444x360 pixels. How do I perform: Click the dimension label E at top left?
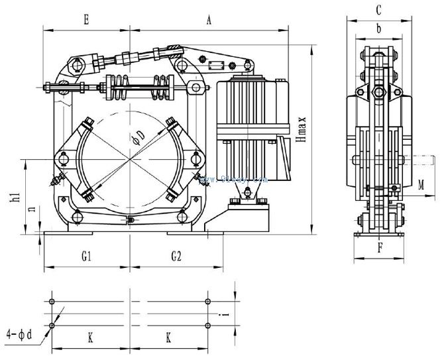point(86,21)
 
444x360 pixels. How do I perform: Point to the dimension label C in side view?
point(378,10)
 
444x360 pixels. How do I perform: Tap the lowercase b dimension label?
point(378,29)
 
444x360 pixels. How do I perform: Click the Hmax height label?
point(302,131)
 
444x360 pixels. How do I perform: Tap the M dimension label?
point(421,185)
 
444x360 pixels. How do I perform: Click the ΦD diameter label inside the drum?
point(138,137)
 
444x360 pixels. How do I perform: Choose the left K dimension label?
point(90,338)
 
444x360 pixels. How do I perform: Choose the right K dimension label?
point(168,338)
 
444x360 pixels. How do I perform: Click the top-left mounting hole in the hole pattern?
point(52,302)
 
